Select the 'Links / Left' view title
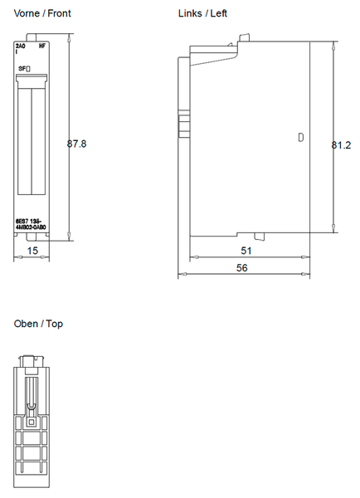pyautogui.click(x=202, y=13)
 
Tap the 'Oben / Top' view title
pyautogui.click(x=38, y=324)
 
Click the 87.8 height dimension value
pyautogui.click(x=76, y=144)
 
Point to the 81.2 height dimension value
pyautogui.click(x=341, y=144)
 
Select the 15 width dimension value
pyautogui.click(x=32, y=250)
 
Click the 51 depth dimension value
pyautogui.click(x=247, y=250)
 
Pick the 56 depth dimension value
pyautogui.click(x=241, y=268)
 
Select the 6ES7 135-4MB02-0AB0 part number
pyautogui.click(x=31, y=224)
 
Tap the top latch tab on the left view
pyautogui.click(x=243, y=38)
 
